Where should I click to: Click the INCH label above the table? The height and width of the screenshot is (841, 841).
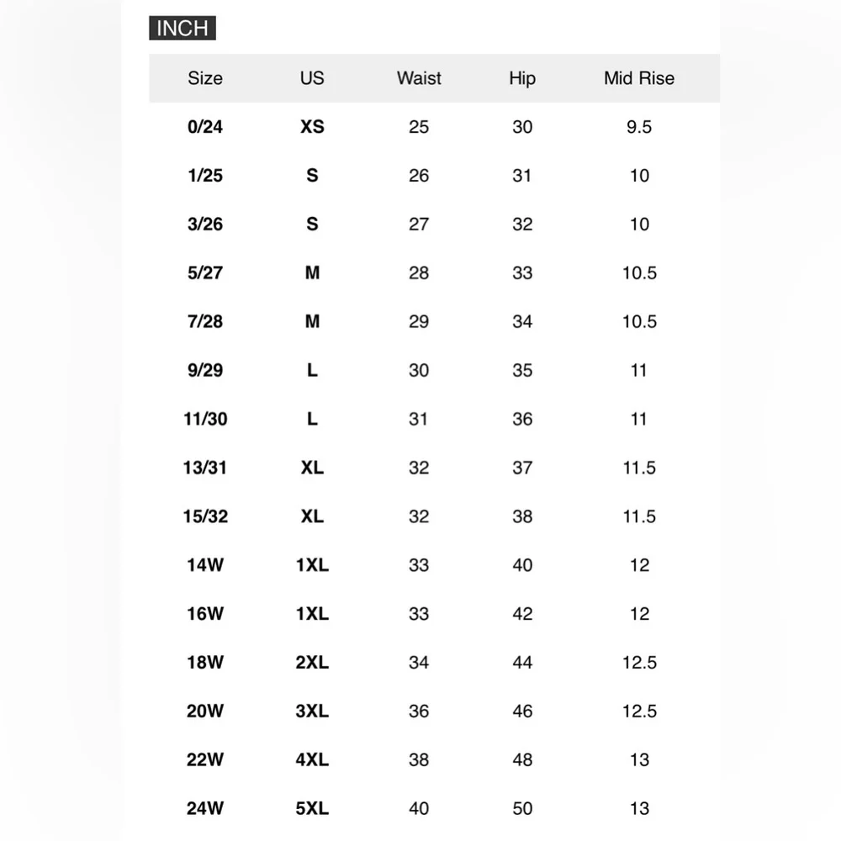182,28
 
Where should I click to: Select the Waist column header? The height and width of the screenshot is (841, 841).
419,78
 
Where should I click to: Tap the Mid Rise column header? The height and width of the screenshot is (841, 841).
639,78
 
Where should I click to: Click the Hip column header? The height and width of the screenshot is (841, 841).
522,78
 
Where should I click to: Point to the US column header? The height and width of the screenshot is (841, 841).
312,78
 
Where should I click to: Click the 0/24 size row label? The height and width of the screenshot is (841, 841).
205,127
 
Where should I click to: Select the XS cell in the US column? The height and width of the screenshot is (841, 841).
312,127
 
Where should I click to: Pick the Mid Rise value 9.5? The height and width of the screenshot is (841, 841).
639,127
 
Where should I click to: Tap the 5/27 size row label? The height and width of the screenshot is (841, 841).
205,273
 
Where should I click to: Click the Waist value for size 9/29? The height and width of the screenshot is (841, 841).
419,371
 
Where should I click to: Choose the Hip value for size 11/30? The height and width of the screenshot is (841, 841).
522,419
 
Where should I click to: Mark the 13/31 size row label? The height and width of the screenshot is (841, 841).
205,468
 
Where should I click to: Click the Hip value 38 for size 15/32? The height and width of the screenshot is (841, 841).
522,516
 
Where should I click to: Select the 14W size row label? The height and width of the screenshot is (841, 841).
205,565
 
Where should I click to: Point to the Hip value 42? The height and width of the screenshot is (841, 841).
522,614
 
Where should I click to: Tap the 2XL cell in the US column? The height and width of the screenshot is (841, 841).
312,663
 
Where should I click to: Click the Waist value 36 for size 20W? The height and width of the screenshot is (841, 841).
419,711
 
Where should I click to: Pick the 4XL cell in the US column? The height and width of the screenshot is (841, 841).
312,760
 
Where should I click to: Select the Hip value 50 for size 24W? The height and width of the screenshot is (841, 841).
522,809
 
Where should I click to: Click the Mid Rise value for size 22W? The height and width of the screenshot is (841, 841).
639,760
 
